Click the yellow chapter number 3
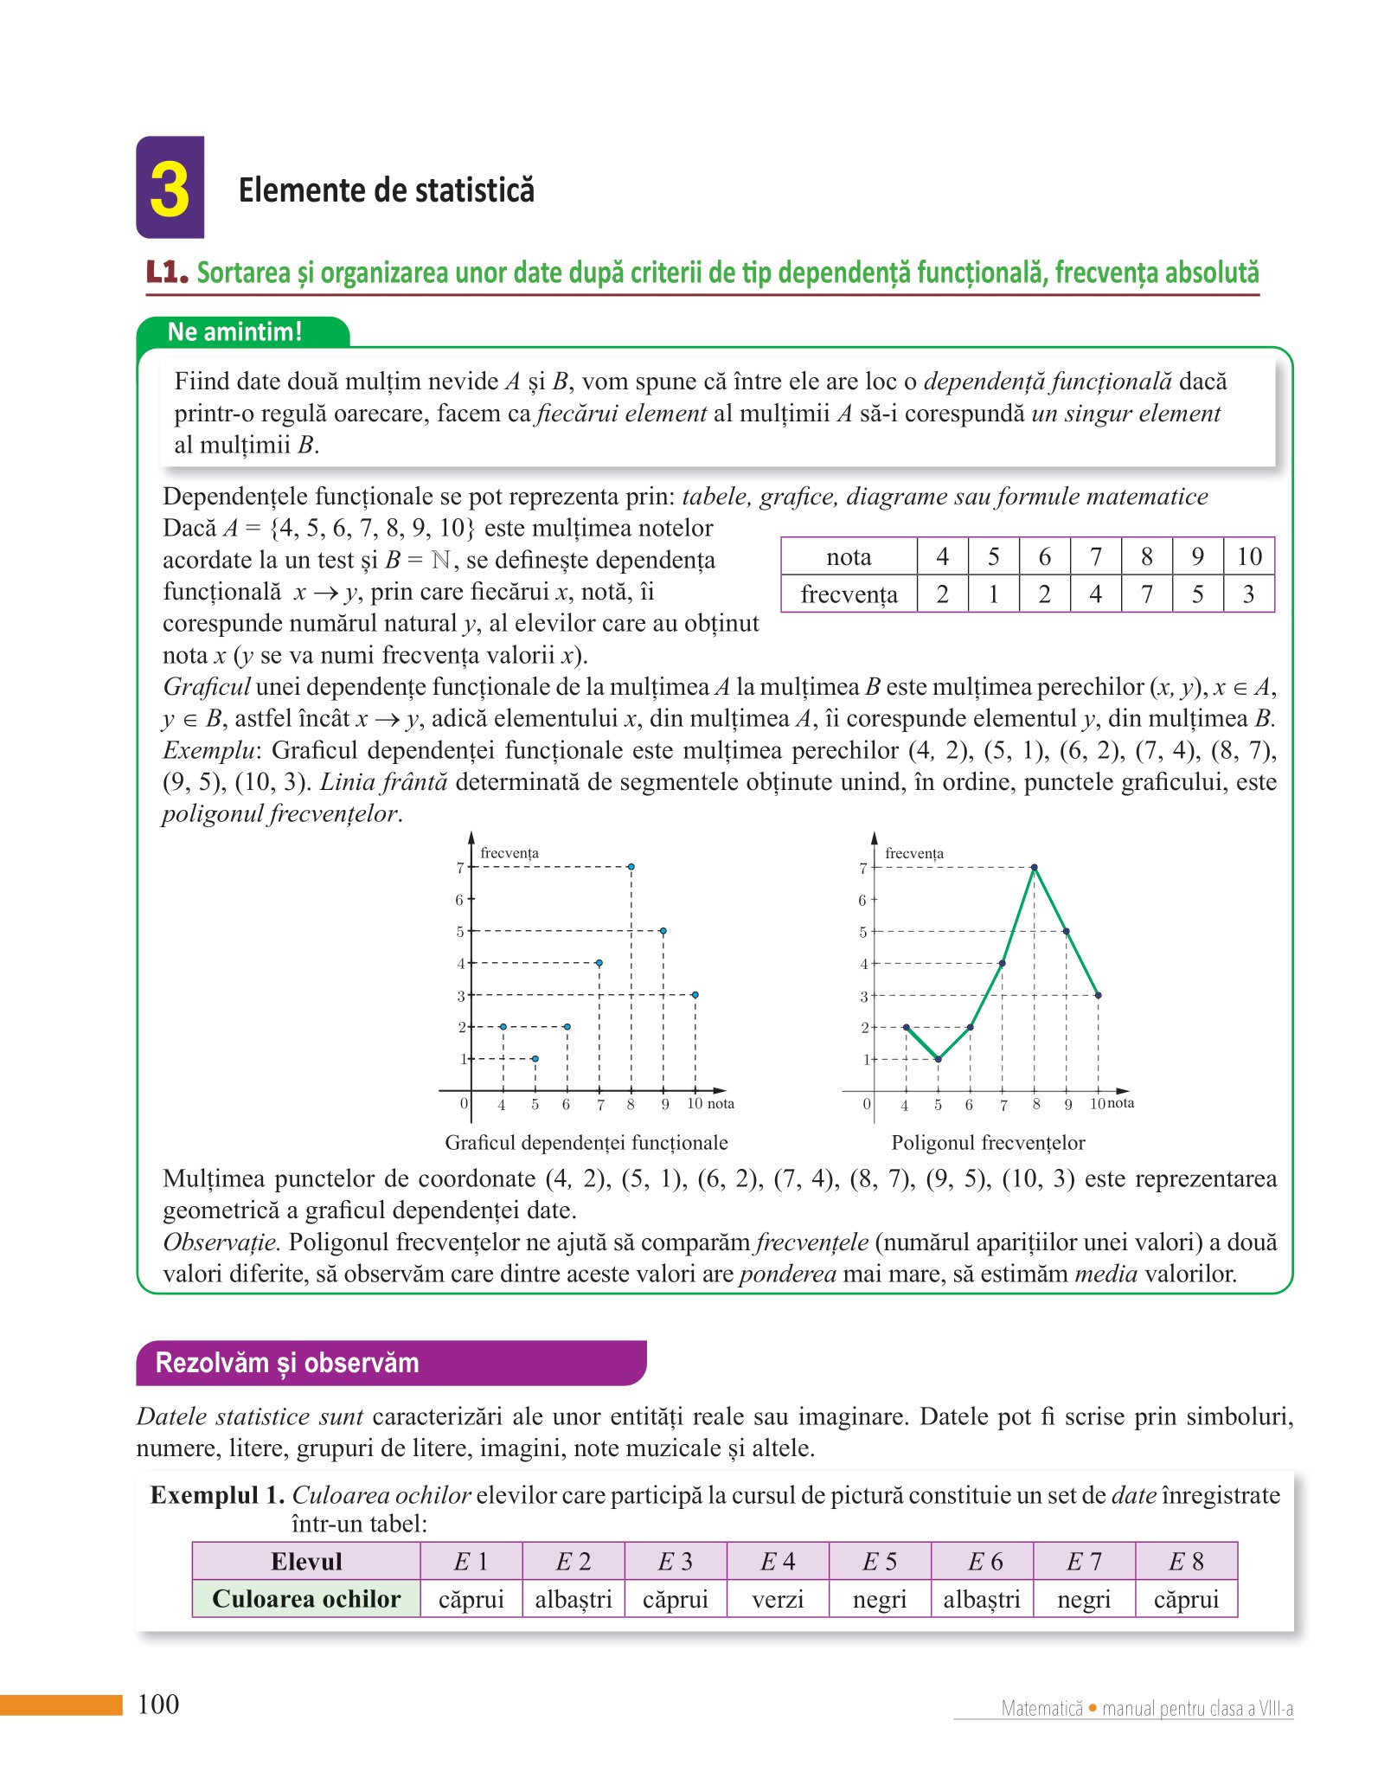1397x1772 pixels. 170,189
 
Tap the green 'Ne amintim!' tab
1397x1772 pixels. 235,332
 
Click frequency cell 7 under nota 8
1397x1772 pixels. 1146,594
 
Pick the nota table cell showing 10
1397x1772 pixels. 1248,556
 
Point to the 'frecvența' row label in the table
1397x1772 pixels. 849,594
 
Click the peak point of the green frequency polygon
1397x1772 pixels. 1035,867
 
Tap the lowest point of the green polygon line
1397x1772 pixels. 939,1059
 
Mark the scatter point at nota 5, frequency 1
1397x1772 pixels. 535,1059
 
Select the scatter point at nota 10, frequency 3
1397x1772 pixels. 695,995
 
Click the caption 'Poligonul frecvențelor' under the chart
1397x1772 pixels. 988,1143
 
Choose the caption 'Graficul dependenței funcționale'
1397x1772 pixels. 586,1143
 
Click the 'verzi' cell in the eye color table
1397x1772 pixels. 778,1599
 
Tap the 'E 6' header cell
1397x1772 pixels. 982,1562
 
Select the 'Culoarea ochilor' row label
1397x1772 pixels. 306,1599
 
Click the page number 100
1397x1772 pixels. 158,1705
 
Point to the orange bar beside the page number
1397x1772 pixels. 61,1705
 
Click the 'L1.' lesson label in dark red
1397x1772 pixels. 167,273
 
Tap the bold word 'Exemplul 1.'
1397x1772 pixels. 217,1495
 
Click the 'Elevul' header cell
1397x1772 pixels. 306,1562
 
